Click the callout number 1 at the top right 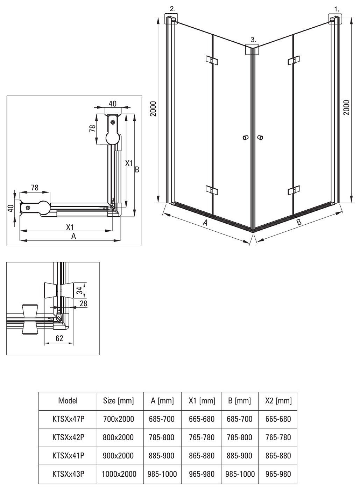[x=337, y=9]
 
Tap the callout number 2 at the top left [x=173, y=9]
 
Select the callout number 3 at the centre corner [x=253, y=40]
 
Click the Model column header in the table [x=68, y=400]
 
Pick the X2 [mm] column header [x=278, y=400]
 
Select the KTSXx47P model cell [x=68, y=419]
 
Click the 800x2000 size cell [x=118, y=437]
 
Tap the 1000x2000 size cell [x=119, y=474]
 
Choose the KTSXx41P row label [x=68, y=455]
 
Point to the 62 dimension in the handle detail [x=59, y=338]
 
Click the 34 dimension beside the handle [x=80, y=290]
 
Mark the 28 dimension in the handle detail [x=83, y=303]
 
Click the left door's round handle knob [x=246, y=138]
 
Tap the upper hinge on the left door [x=212, y=60]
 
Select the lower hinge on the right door [x=294, y=190]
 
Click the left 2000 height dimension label [x=154, y=108]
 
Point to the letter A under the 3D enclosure [x=205, y=223]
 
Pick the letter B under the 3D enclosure [x=299, y=222]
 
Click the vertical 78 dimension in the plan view [x=92, y=128]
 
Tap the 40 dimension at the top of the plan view [x=113, y=104]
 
